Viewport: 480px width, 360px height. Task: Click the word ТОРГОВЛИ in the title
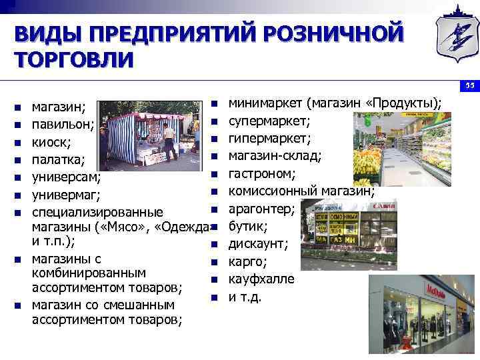[75, 58]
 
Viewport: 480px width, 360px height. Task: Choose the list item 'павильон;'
[63, 124]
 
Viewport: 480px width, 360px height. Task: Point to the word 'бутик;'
[248, 226]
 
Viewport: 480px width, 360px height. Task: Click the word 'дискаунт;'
[259, 244]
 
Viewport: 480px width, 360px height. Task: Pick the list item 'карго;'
[247, 261]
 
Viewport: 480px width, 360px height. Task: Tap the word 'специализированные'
[97, 213]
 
